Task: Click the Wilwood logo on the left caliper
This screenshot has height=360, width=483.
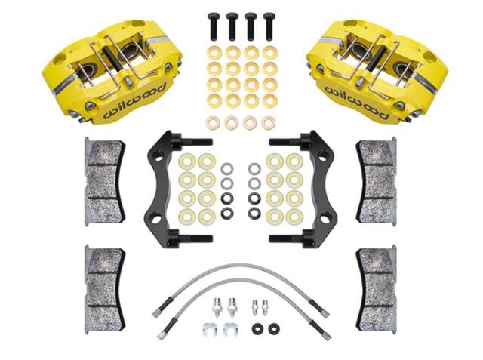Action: click(x=134, y=101)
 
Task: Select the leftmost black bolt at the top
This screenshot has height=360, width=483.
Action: click(x=213, y=26)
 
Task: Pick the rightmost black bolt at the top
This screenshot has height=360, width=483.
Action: click(x=269, y=26)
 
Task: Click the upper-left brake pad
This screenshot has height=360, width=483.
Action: click(x=105, y=181)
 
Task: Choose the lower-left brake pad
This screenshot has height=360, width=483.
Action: click(x=105, y=289)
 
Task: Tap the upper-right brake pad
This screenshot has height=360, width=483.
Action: click(x=376, y=181)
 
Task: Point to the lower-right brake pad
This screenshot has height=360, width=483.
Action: click(x=376, y=289)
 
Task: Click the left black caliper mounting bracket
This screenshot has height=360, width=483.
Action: click(x=158, y=189)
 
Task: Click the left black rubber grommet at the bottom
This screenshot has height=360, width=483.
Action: click(x=257, y=329)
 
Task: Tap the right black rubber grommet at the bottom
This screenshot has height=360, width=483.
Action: click(x=274, y=329)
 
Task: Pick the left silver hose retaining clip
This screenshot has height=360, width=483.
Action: click(x=210, y=330)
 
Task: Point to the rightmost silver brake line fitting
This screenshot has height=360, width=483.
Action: click(x=264, y=306)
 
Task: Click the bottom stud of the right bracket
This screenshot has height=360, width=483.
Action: click(x=290, y=238)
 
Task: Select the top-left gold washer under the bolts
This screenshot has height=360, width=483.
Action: click(x=213, y=53)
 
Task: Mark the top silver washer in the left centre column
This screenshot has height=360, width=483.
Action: click(x=227, y=169)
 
